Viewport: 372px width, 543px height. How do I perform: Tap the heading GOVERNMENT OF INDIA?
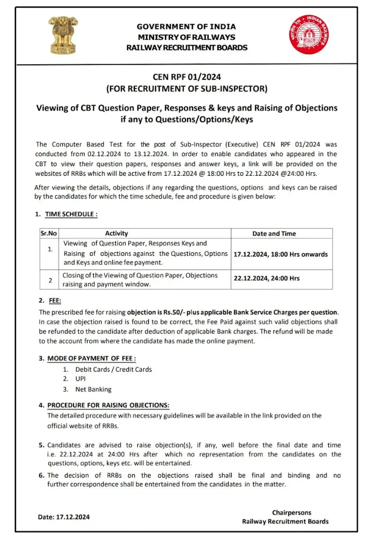tap(186, 27)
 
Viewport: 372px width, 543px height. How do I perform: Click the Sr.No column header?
tap(49, 234)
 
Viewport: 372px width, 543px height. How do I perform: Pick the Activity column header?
tap(116, 234)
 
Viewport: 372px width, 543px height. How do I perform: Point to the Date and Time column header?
tap(274, 234)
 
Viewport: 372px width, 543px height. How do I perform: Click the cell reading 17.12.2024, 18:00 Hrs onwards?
tap(281, 254)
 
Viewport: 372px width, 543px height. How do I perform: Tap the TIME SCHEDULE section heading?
tap(71, 215)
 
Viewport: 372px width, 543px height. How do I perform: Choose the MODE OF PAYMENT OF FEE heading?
tap(91, 358)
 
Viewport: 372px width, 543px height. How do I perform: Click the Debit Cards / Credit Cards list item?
tap(113, 369)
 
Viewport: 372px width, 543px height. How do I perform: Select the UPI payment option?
tap(80, 379)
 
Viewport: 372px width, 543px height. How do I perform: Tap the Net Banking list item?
tap(93, 389)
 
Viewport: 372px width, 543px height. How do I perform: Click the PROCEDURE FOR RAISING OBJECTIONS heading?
tap(108, 405)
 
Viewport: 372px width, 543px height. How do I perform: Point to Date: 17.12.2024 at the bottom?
tap(64, 517)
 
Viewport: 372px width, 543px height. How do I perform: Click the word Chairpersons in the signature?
tap(292, 513)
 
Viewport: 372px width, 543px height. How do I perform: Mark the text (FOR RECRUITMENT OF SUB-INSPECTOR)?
tap(186, 89)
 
